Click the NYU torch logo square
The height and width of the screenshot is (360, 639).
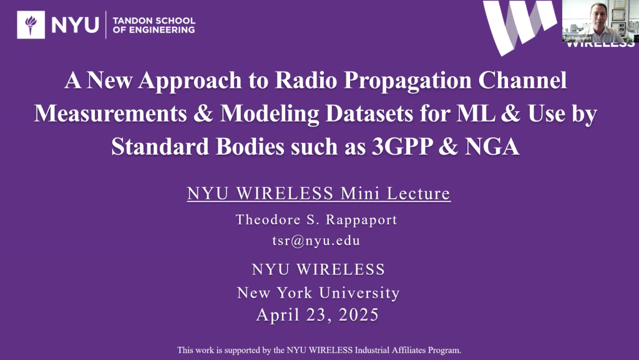tap(31, 25)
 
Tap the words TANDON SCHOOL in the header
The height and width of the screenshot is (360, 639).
tap(154, 21)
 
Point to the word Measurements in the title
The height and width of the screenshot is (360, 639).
tap(110, 113)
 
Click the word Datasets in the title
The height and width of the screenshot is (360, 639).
tap(369, 113)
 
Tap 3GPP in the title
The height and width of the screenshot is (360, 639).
tap(402, 147)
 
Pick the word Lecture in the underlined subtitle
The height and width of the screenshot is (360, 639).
tap(419, 193)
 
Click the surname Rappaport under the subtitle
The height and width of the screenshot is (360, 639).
tap(361, 220)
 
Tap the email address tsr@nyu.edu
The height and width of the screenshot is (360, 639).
tap(316, 241)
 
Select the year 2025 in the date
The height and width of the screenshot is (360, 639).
tap(359, 315)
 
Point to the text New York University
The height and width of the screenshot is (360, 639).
tap(318, 293)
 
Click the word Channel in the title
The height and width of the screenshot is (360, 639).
tap(522, 80)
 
